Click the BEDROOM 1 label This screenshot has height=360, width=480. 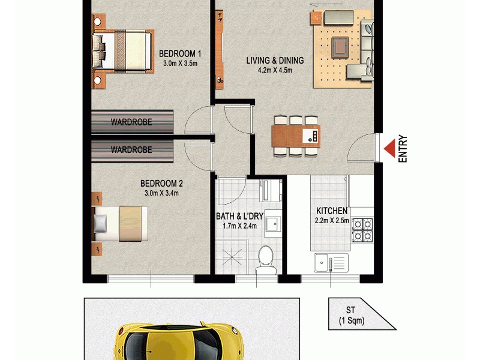click(x=179, y=53)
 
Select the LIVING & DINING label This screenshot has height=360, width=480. click(x=275, y=60)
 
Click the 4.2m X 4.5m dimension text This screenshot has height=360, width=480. click(x=275, y=70)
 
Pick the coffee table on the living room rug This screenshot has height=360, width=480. click(x=340, y=44)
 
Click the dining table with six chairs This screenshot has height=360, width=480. click(x=295, y=135)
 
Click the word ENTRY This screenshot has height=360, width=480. click(x=403, y=148)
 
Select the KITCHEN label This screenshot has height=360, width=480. click(x=331, y=211)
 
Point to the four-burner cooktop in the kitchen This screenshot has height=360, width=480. click(x=362, y=229)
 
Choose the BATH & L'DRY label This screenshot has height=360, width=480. click(x=239, y=216)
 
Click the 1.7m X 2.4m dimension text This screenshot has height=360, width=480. click(x=239, y=226)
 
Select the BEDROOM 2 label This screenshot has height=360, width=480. click(x=161, y=184)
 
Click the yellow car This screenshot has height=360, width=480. click(x=178, y=342)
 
